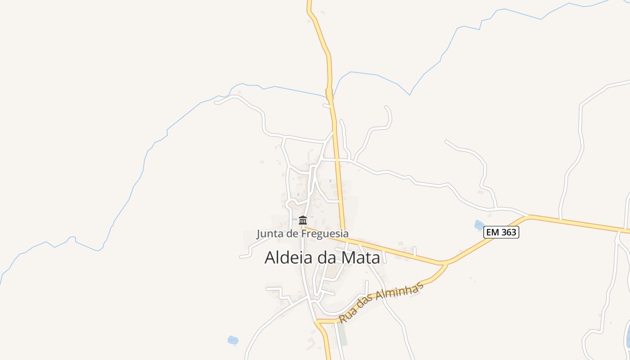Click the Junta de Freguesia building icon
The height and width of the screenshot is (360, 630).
click(x=303, y=220)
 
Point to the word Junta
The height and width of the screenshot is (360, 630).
click(x=268, y=234)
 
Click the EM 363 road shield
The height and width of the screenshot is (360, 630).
click(x=501, y=232)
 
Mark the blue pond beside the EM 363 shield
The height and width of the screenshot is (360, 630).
click(x=479, y=225)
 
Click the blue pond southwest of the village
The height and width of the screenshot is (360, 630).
click(x=233, y=340)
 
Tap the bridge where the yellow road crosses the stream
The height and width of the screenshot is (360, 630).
click(x=330, y=94)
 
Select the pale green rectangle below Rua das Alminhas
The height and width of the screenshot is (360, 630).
click(x=343, y=335)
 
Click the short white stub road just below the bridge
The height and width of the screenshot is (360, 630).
click(x=327, y=105)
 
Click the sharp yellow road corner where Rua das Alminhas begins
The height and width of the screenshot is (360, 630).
click(x=318, y=322)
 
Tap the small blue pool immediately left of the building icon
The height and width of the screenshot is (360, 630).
click(x=294, y=220)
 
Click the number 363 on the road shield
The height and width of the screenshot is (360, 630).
click(x=509, y=232)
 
